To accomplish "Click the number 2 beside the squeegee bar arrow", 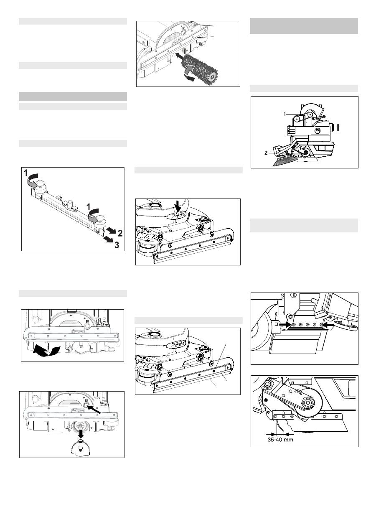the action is point(120,233).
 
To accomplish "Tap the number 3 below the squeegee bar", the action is point(117,244).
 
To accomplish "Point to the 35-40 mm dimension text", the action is point(280,439).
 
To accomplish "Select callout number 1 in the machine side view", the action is point(285,114).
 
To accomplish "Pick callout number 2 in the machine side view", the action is point(266,153).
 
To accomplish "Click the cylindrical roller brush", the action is point(199,67).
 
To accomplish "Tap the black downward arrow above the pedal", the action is point(177,206).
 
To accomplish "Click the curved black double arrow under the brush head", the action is point(47,351).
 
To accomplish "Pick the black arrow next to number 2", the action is point(111,230).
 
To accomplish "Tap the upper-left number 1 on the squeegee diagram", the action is point(26,173).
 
